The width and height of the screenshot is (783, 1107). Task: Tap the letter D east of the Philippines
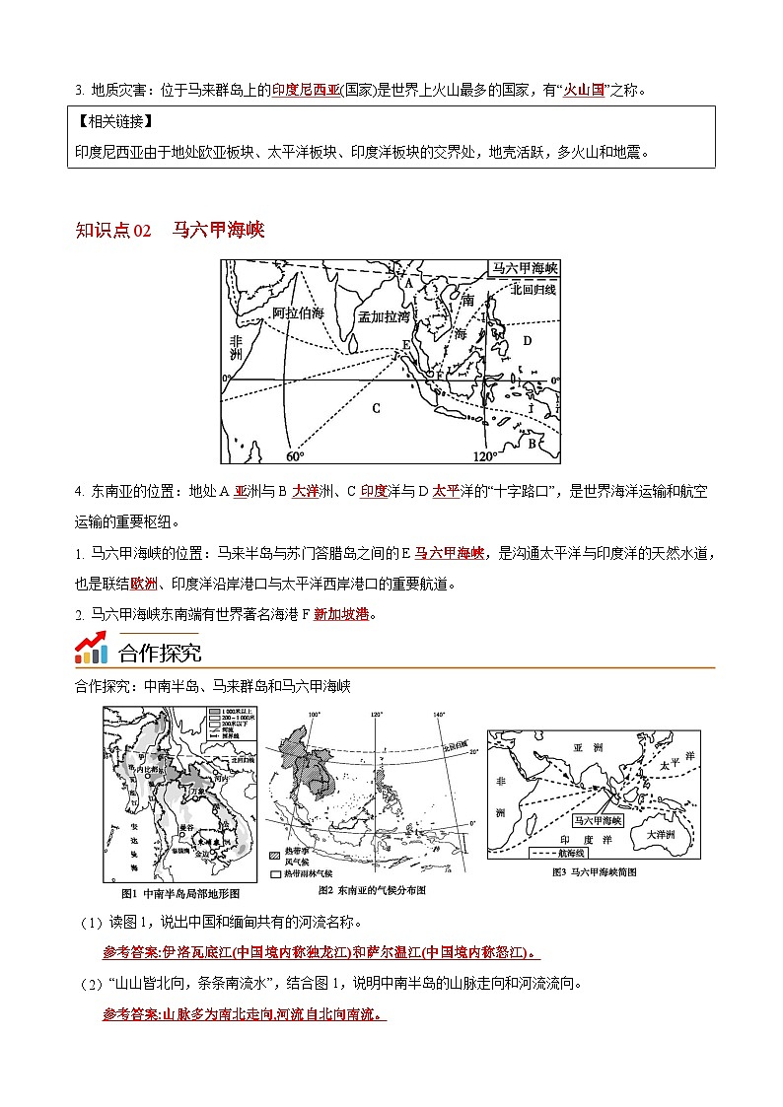coord(527,340)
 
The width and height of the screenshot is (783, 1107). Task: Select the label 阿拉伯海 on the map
coord(298,312)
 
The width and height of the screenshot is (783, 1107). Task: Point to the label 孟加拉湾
coord(384,316)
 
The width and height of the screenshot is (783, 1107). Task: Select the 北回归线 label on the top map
coord(534,289)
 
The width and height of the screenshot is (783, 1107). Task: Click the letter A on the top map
coord(406,283)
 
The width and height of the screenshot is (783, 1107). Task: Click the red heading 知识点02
coord(113,231)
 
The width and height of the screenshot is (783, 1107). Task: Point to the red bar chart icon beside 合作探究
coord(92,650)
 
